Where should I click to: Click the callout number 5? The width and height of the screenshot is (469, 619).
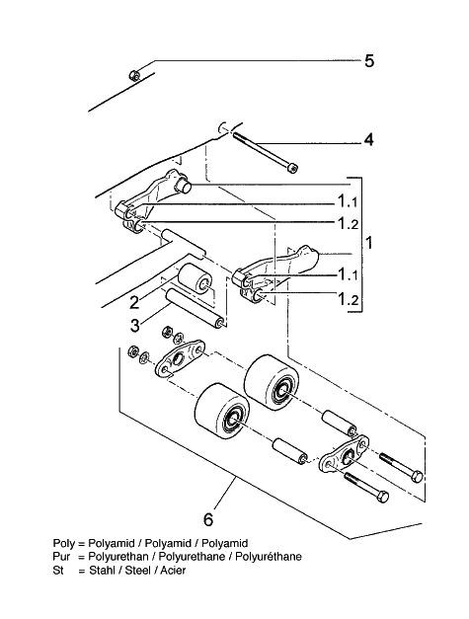click(x=368, y=61)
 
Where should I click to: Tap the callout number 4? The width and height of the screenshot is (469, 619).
click(x=368, y=139)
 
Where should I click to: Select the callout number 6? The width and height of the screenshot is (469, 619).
click(x=208, y=519)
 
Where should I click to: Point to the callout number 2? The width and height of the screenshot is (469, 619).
click(x=134, y=303)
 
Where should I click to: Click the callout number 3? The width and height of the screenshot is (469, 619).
click(x=135, y=326)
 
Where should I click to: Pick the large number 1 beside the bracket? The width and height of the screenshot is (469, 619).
click(x=369, y=243)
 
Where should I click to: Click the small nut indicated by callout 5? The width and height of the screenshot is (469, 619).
click(x=134, y=75)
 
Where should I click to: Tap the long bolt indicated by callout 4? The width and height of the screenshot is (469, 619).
click(x=265, y=152)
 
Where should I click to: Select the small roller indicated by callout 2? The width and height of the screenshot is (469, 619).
click(x=195, y=277)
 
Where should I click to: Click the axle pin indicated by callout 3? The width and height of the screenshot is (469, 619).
click(x=195, y=308)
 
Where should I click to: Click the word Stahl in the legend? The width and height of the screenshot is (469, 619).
click(x=102, y=570)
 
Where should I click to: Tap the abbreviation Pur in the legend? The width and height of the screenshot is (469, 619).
click(x=61, y=557)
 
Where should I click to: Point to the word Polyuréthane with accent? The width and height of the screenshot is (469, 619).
click(x=269, y=557)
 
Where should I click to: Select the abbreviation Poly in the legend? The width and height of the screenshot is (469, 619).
click(x=63, y=544)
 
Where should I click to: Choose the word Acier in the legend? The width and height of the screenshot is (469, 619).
click(x=173, y=570)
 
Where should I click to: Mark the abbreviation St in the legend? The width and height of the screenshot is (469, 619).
click(x=57, y=570)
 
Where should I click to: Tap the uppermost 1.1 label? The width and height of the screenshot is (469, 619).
click(x=348, y=202)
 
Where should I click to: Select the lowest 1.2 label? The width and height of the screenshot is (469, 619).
click(x=348, y=300)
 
